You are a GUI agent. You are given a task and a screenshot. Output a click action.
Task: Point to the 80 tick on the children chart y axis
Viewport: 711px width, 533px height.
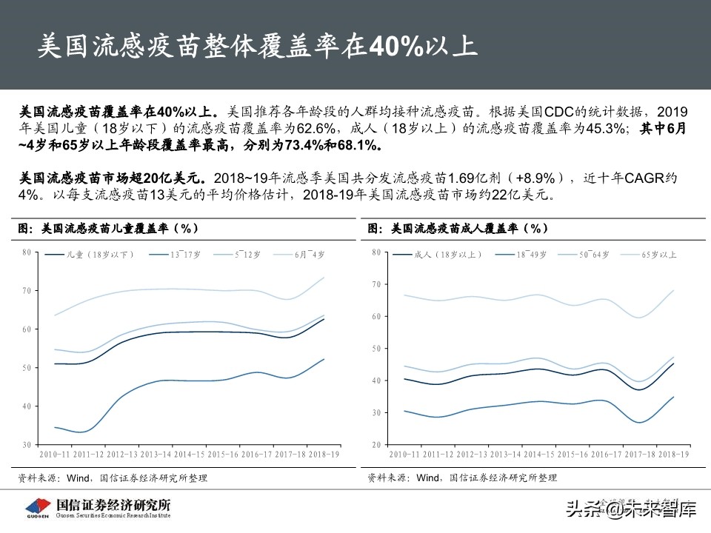(26, 252)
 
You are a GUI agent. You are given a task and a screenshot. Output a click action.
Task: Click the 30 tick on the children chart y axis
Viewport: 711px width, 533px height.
(26, 444)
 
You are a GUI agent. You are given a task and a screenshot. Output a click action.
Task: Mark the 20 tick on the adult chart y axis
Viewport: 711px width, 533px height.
(375, 444)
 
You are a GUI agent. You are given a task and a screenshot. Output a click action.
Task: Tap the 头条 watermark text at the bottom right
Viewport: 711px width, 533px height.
(582, 509)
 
